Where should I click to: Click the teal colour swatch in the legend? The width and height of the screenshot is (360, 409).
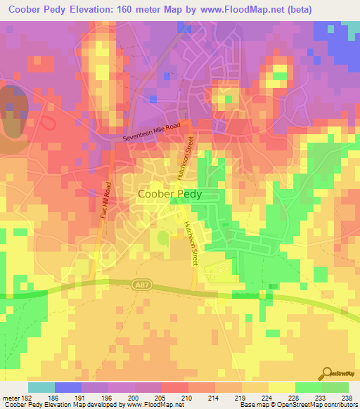click(41, 387)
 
